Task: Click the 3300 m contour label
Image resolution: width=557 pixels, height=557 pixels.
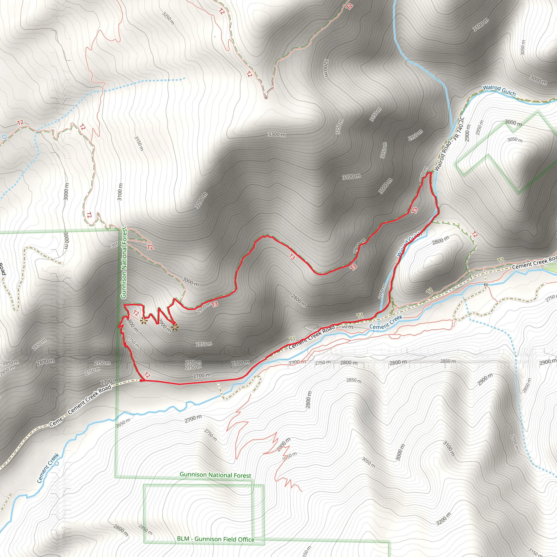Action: [277, 134]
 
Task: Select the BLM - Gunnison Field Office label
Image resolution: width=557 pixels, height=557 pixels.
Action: [216, 539]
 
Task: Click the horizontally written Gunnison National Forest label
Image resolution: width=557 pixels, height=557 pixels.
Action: [215, 475]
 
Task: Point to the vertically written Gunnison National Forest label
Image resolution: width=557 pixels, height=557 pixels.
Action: [124, 262]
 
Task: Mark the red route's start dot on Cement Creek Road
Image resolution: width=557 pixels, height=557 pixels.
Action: [141, 380]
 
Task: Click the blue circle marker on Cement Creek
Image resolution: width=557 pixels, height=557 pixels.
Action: [57, 463]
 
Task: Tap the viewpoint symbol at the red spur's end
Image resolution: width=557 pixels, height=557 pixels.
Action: [175, 327]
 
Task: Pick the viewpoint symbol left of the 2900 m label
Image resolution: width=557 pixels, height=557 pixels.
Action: [143, 321]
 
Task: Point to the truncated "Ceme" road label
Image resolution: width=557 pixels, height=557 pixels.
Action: [56, 423]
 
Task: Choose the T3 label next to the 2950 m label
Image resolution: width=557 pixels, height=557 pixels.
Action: [215, 304]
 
